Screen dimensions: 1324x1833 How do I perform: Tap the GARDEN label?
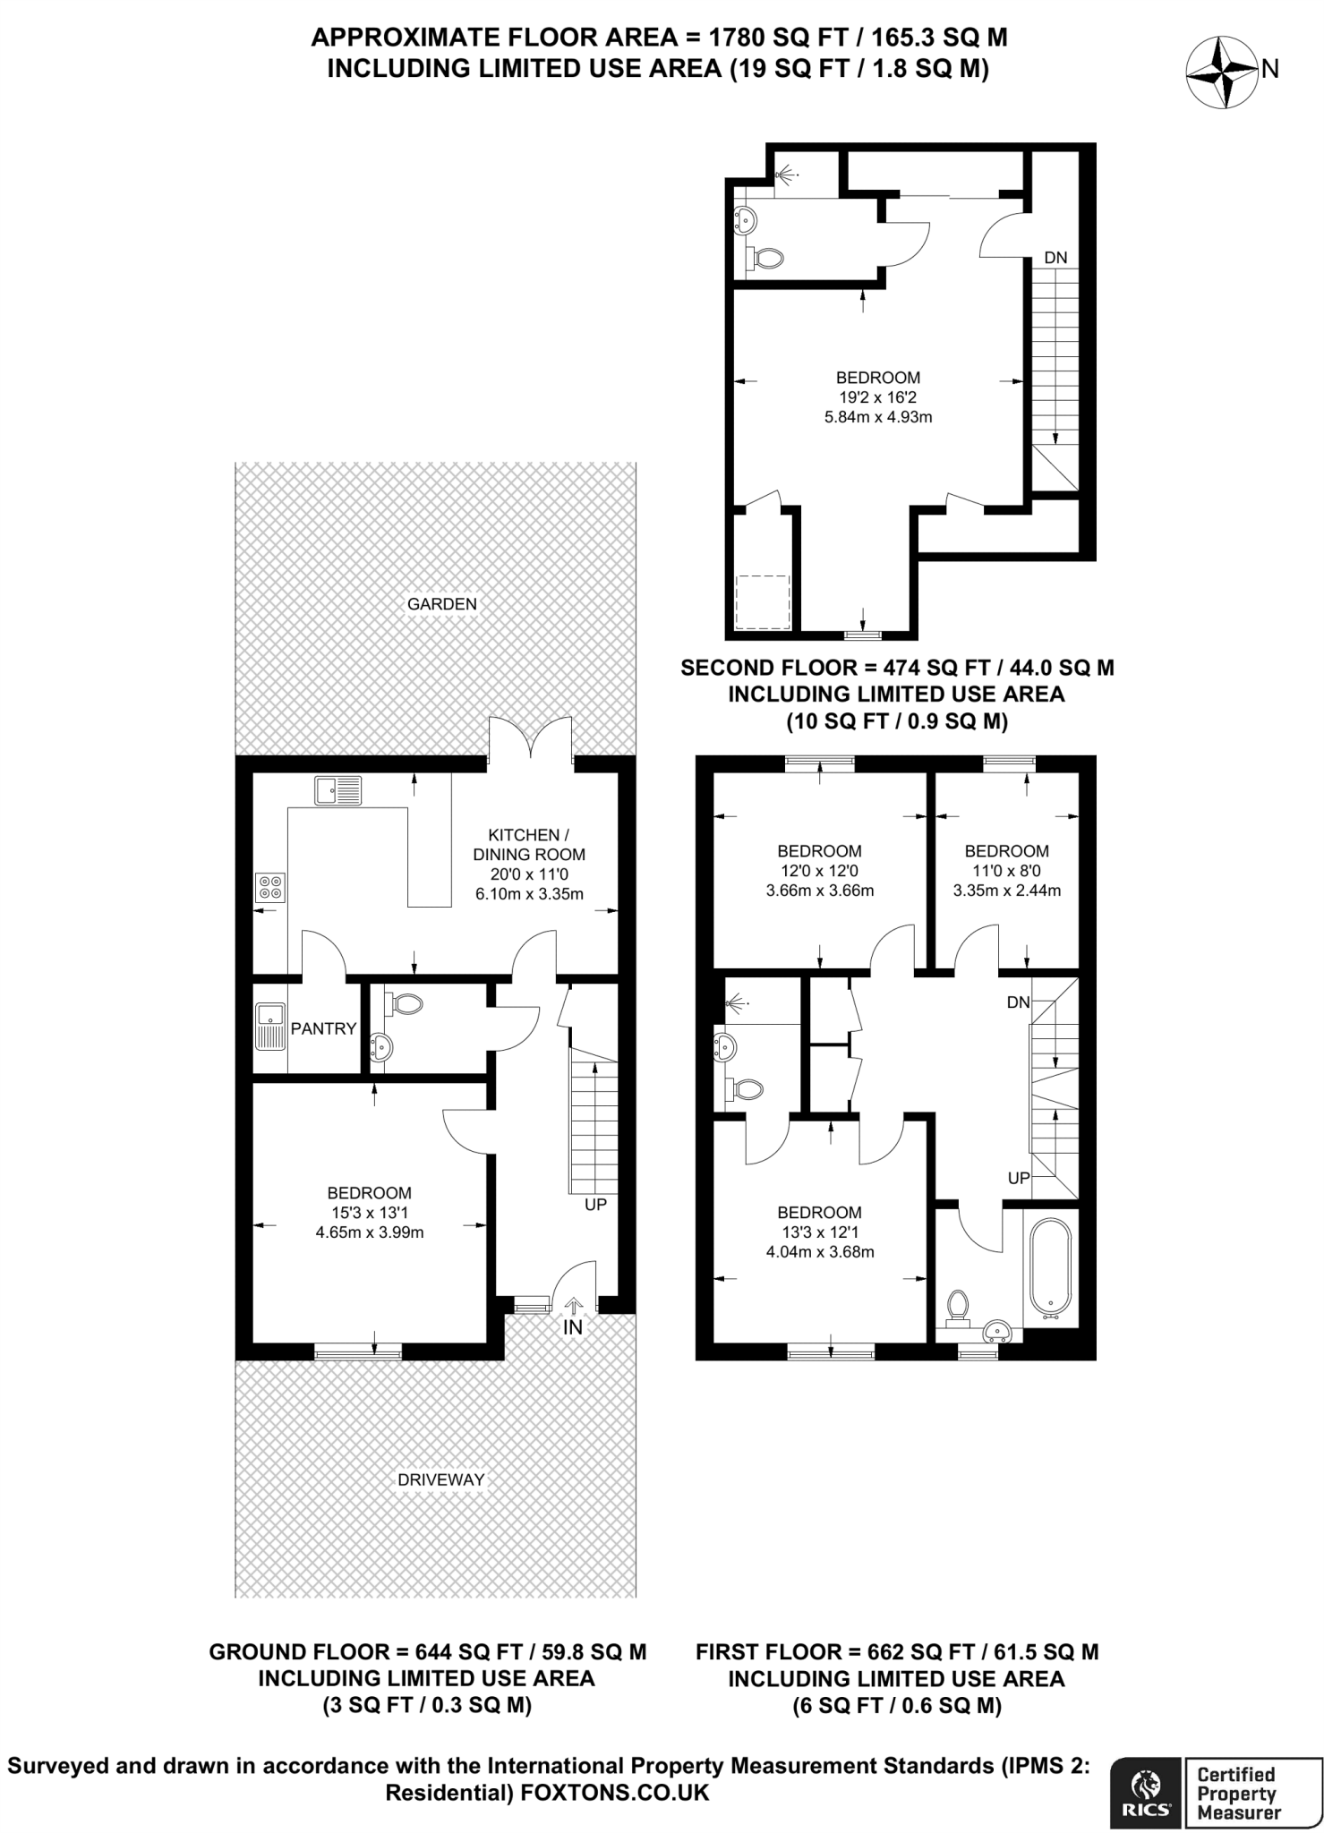[442, 604]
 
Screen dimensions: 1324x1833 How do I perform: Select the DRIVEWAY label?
[441, 1479]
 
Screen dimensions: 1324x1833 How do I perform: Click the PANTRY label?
[323, 1028]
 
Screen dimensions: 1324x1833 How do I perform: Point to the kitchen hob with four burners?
[270, 887]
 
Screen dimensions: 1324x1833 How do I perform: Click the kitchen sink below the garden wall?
[338, 790]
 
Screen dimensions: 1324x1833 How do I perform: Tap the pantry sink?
[269, 1027]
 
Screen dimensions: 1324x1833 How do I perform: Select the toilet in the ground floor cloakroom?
[405, 1004]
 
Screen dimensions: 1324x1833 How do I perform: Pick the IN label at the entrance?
[573, 1327]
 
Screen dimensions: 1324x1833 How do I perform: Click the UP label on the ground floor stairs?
[595, 1204]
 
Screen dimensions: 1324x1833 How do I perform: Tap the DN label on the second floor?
[1056, 258]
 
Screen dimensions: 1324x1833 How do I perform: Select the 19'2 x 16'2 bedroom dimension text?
[878, 397]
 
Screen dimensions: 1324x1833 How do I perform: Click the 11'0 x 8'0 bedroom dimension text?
[1007, 871]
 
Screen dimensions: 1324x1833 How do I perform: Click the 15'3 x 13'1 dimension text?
[370, 1213]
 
